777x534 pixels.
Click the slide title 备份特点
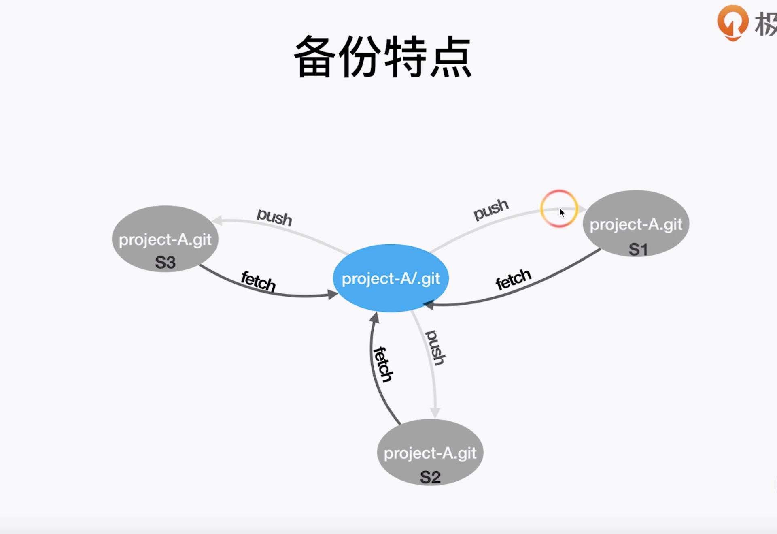[x=382, y=57]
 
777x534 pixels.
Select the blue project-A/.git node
[x=391, y=278]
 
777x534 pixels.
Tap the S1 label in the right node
[x=638, y=249]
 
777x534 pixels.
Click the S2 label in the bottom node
[x=430, y=477]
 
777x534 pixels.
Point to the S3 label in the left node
[x=165, y=263]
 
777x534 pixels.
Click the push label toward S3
[x=274, y=217]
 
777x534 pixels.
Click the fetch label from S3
[x=258, y=281]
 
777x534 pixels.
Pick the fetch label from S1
[x=513, y=279]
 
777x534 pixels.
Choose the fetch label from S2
[x=383, y=364]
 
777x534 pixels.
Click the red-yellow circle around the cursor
[x=559, y=209]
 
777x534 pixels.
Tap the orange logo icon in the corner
[x=732, y=23]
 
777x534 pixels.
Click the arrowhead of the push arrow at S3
[x=217, y=221]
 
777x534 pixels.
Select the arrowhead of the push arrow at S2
[x=435, y=413]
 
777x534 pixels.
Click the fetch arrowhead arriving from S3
[x=333, y=295]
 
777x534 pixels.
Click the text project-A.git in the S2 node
[x=430, y=453]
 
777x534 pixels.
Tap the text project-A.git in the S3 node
[x=165, y=239]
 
